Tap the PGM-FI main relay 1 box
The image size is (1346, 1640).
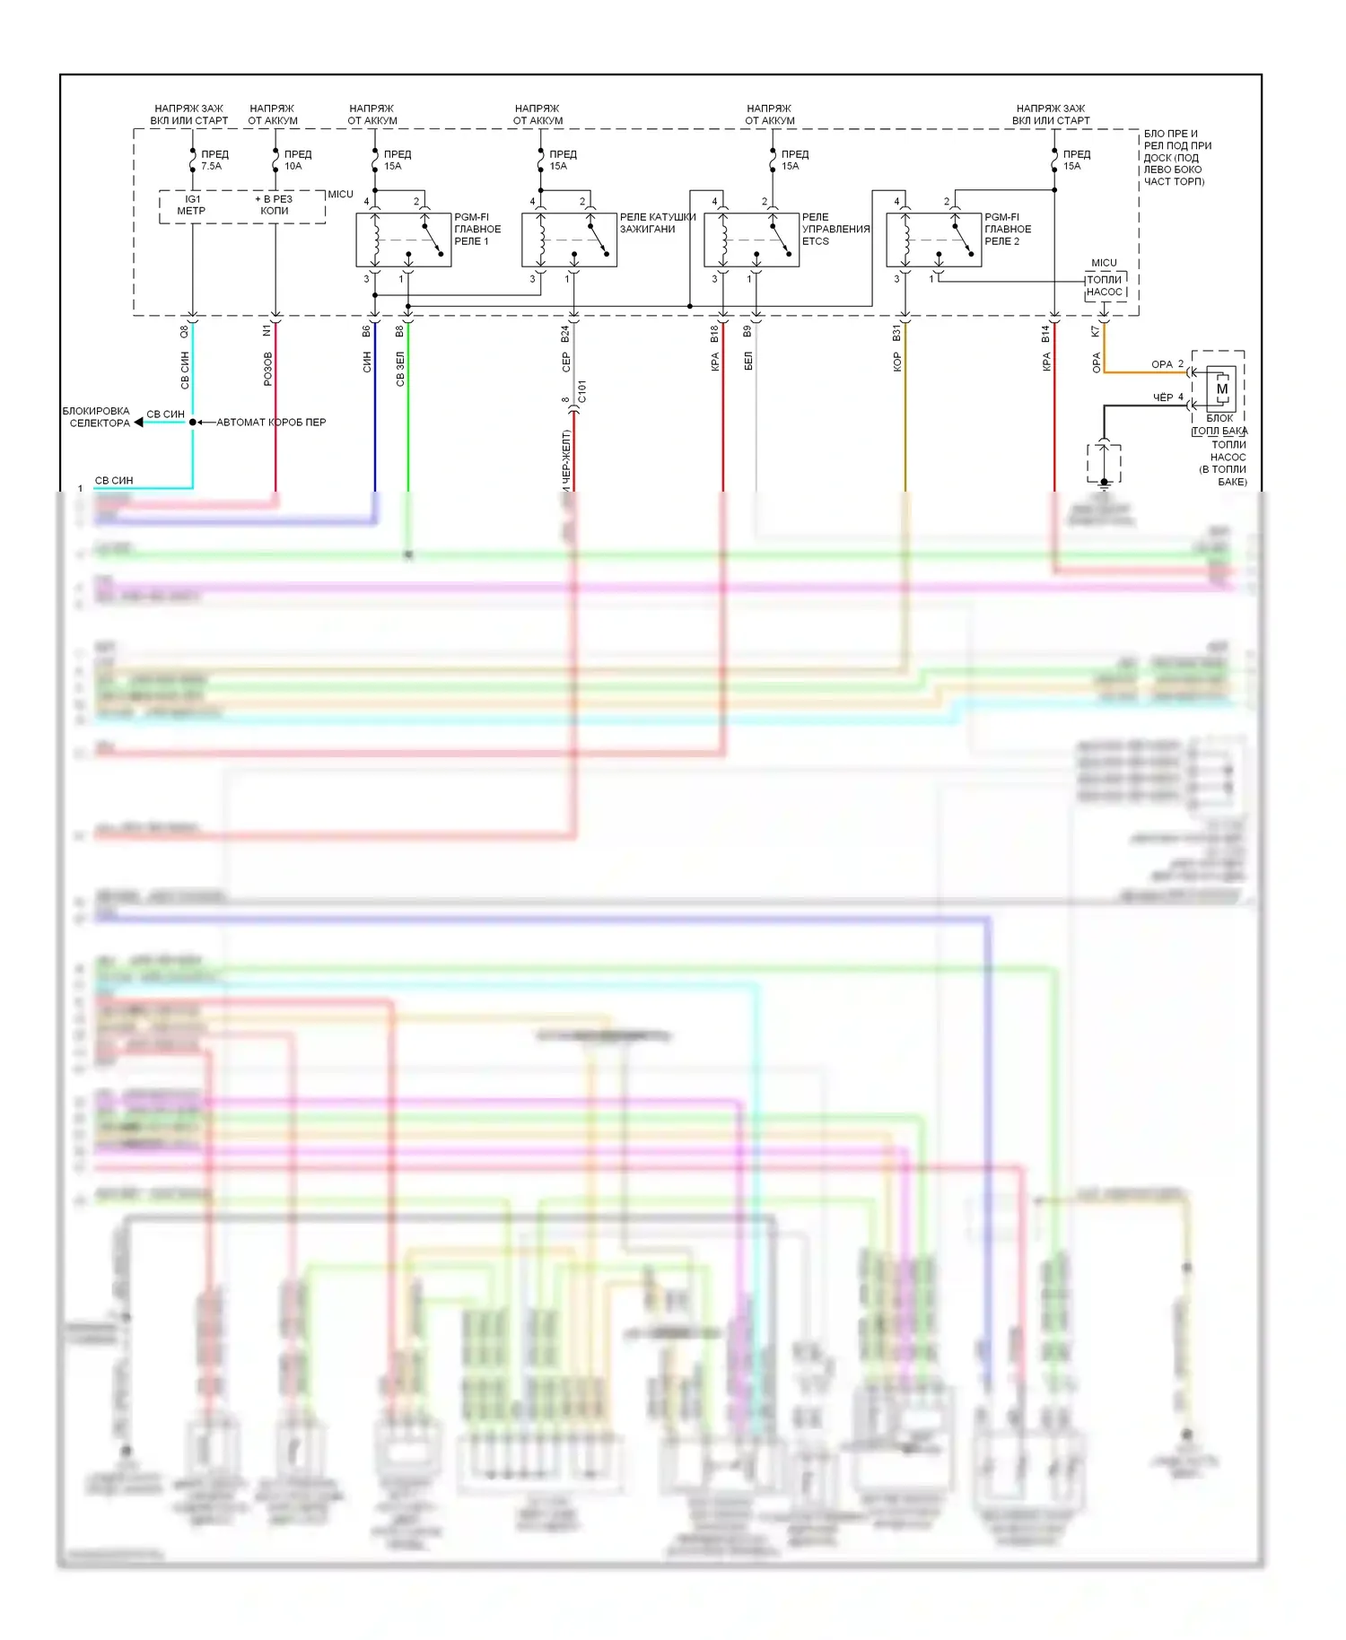tap(403, 240)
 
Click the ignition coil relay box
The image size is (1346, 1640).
tap(569, 240)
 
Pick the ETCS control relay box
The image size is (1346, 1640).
tap(751, 240)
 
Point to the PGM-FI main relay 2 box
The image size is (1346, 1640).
tap(933, 240)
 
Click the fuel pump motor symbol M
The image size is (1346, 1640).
tap(1221, 389)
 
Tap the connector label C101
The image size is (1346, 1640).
tap(582, 392)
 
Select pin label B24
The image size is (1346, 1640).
tap(565, 334)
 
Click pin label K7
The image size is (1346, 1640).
tap(1096, 331)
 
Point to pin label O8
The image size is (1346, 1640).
tap(185, 331)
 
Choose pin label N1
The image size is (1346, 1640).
tap(267, 331)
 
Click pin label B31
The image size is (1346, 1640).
tap(896, 334)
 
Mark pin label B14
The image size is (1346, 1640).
tap(1046, 334)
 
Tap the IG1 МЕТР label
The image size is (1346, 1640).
tap(192, 205)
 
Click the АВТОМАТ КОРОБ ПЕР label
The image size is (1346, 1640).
tap(271, 423)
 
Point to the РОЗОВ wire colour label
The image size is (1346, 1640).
tap(267, 369)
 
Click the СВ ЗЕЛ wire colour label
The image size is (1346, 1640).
tap(400, 369)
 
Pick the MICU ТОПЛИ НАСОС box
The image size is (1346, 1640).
tap(1105, 286)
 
